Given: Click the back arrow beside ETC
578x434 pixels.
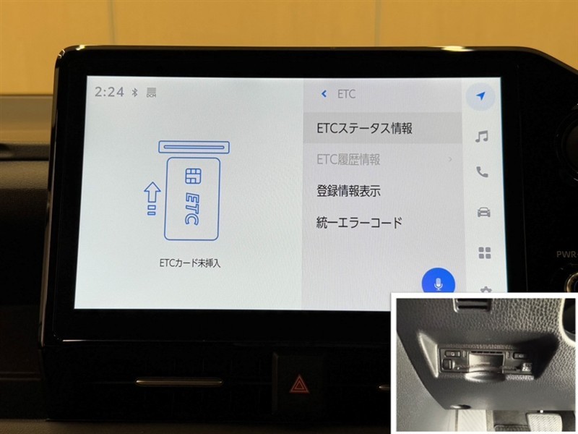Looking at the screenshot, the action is (x=324, y=94).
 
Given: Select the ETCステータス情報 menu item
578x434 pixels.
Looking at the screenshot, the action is (x=365, y=128).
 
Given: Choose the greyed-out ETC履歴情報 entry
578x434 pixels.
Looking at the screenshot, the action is (x=348, y=159).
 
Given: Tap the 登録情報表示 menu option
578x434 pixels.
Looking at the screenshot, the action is (x=348, y=191).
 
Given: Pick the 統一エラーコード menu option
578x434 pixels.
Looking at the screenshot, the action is (x=359, y=223).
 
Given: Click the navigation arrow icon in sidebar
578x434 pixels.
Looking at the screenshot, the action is (x=480, y=96).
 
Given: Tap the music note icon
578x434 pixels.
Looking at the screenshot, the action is (x=481, y=137).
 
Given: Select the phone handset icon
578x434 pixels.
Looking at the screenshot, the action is (x=482, y=172).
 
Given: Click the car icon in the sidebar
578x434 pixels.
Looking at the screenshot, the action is (x=483, y=212).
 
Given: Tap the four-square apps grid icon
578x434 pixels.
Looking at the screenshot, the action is (x=485, y=253).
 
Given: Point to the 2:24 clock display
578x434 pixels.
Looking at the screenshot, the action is (x=109, y=92).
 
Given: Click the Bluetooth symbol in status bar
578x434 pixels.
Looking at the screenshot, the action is (x=135, y=93).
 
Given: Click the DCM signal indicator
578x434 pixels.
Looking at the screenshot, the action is (x=151, y=93).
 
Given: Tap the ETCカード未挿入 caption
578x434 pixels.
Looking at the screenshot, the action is (x=190, y=263).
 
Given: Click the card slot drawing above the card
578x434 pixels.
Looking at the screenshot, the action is (x=194, y=148).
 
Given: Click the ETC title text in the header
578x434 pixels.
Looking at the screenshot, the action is (x=347, y=94).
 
